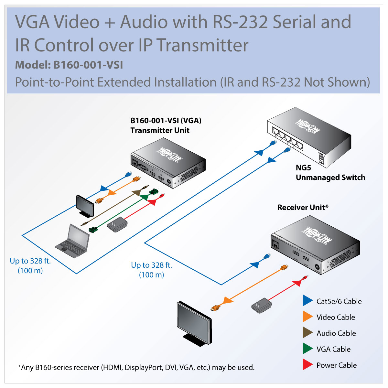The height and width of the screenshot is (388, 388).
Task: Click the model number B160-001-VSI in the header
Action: click(88, 65)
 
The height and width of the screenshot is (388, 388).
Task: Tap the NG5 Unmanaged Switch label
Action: click(330, 173)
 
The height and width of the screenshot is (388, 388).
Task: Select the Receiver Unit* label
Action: click(303, 208)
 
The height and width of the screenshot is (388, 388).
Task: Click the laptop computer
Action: click(73, 241)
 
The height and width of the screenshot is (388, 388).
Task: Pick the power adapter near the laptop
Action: click(117, 224)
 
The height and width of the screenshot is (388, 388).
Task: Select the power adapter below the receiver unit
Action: click(261, 305)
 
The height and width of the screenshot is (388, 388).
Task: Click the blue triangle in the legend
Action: click(307, 301)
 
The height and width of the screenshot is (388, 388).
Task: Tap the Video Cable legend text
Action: click(336, 318)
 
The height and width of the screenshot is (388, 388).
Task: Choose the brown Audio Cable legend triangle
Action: click(307, 333)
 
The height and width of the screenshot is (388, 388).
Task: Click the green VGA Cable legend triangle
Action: click(307, 349)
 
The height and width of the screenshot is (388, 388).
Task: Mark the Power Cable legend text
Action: click(337, 365)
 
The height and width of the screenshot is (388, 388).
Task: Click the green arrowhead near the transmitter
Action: click(144, 197)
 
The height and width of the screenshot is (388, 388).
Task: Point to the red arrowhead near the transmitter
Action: click(152, 202)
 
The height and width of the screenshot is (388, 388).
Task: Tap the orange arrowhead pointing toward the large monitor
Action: click(228, 300)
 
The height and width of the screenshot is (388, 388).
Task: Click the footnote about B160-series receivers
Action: click(136, 367)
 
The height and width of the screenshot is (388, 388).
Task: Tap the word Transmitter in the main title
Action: click(203, 45)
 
